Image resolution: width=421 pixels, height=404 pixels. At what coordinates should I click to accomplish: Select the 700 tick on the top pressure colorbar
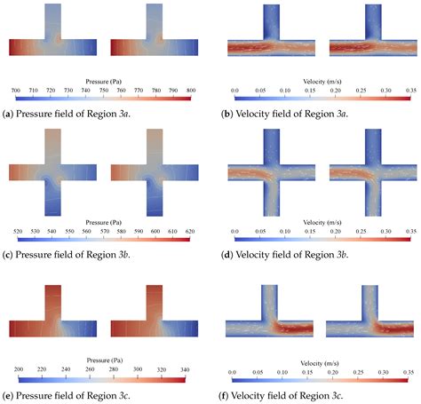click(x=16, y=91)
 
